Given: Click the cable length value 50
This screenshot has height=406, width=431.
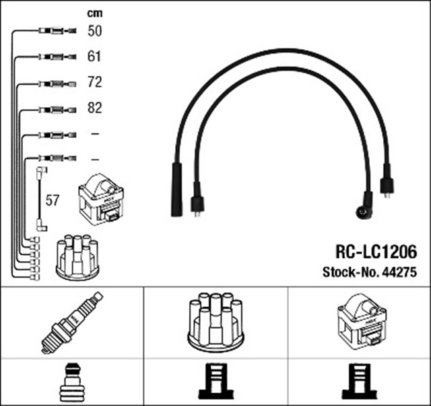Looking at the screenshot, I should (95, 31).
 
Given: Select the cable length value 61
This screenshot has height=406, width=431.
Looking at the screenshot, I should (95, 57).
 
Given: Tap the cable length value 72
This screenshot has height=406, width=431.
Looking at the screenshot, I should (95, 83).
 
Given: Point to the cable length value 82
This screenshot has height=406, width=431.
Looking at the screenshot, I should (95, 108).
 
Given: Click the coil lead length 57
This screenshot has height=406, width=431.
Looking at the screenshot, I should (53, 201).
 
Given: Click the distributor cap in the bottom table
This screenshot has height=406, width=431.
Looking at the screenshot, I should (215, 321).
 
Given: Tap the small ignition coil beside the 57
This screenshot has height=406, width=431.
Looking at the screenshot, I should (101, 201).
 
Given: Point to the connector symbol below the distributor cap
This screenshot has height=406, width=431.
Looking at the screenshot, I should (215, 382).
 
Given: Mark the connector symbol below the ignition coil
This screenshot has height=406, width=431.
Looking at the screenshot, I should (360, 382).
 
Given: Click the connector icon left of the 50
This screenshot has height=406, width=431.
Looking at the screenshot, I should (54, 31).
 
